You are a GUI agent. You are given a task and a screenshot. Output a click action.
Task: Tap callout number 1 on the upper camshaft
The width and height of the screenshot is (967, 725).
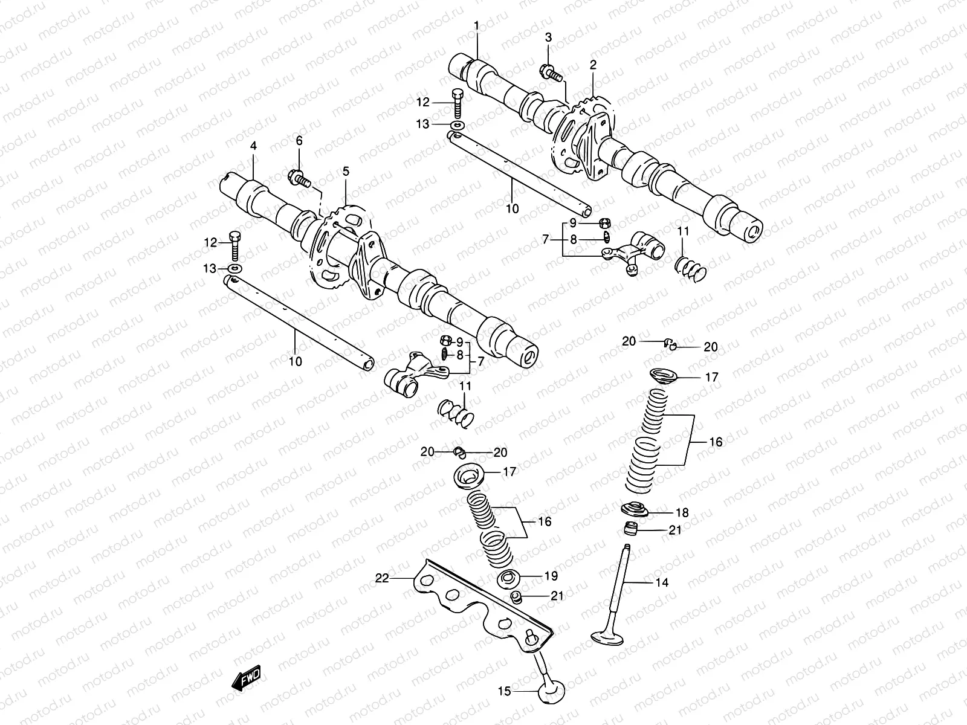coord(476,26)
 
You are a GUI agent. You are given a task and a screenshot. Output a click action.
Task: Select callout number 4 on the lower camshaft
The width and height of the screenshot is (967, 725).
coord(253,146)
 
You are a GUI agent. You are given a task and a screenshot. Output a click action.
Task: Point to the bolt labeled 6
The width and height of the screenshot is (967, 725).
coord(300,178)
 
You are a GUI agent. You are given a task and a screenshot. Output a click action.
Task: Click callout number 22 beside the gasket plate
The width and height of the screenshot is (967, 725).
coord(381,578)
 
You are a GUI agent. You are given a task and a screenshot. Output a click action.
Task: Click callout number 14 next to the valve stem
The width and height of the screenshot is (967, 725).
coord(662,582)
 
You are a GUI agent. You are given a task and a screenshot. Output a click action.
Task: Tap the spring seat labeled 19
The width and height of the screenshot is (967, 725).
coord(509,578)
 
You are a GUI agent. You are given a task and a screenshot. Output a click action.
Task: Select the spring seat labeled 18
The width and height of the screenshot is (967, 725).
coord(634,510)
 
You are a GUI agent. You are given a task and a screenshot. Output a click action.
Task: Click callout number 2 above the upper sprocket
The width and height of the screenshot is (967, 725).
coord(593,63)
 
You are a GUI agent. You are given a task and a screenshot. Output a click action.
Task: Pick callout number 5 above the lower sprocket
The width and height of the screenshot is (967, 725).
coord(346,172)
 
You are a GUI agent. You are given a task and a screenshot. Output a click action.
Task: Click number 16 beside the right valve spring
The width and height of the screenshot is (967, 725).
coord(716,442)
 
